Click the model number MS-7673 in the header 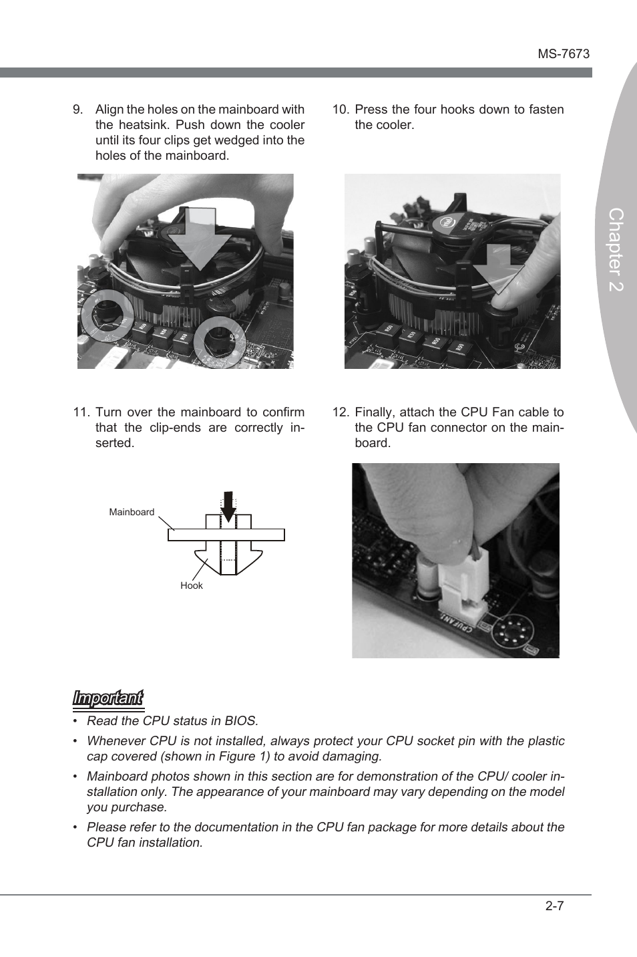tap(564, 54)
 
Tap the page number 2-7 tap(554, 906)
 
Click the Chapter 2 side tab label tap(616, 249)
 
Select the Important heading tap(108, 698)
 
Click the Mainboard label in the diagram tap(132, 512)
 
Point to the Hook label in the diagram tap(191, 585)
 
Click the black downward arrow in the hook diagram tap(228, 507)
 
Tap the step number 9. tap(77, 110)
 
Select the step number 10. tap(341, 110)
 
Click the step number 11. tap(81, 412)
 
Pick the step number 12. tap(341, 412)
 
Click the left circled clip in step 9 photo tap(107, 315)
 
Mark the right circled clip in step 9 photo tap(220, 339)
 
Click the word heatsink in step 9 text tap(144, 125)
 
